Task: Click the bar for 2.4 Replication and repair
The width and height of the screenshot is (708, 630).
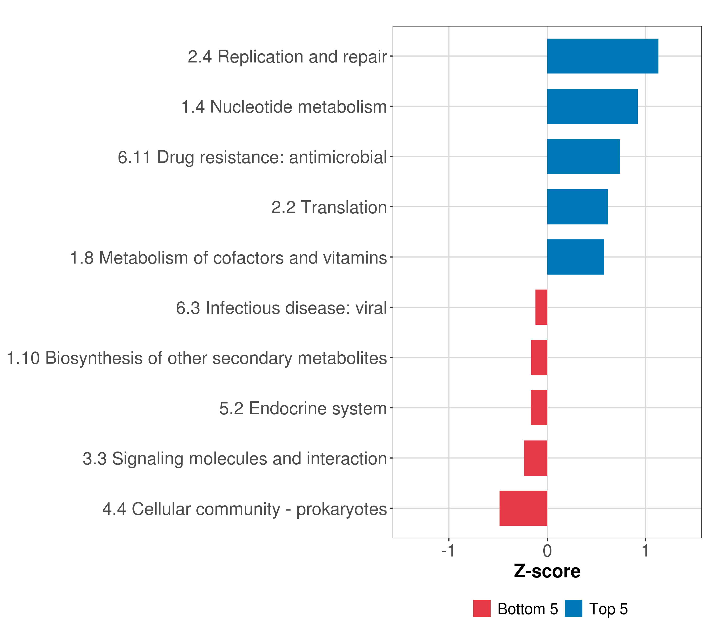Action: point(603,56)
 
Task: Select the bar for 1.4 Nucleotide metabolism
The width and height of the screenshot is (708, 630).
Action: point(592,107)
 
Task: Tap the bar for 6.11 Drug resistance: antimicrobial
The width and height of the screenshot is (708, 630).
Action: point(584,156)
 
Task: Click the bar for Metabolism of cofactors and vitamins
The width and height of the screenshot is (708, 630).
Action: point(576,257)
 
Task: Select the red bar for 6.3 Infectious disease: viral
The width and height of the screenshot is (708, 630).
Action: point(541,307)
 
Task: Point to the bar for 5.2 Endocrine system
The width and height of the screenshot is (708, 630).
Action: point(539,408)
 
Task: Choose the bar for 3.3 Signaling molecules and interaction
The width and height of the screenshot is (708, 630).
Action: point(535,458)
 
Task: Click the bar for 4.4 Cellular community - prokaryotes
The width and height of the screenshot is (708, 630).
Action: point(523,508)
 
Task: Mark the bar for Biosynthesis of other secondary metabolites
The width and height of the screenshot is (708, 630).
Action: point(539,358)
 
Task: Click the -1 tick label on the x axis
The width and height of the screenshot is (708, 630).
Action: point(448,551)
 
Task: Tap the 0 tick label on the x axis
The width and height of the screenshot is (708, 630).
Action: point(547,551)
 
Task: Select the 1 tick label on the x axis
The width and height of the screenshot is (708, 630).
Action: point(645,551)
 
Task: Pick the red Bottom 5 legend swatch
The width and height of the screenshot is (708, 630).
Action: point(482,608)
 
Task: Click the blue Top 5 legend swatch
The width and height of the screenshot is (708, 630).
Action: point(573,608)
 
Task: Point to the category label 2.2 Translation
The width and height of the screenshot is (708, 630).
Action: point(329,207)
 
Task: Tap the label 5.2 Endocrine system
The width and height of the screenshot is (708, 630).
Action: point(303,408)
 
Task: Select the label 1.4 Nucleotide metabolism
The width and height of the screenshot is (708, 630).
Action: point(284,107)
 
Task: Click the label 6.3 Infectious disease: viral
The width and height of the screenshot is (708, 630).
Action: point(281,308)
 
